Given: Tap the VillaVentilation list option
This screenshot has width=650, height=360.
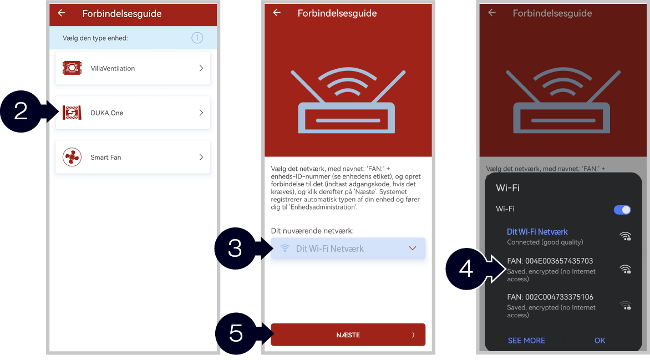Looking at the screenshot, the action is click(x=133, y=68).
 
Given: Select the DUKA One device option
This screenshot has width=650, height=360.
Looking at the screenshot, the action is click(x=133, y=113).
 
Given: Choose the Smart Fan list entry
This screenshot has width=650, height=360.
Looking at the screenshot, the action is click(x=133, y=157).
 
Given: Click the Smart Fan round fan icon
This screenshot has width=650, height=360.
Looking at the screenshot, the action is click(x=72, y=157).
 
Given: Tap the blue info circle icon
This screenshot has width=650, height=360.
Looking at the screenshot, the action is click(x=197, y=38).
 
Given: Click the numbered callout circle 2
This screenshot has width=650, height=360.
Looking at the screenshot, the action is click(x=21, y=111).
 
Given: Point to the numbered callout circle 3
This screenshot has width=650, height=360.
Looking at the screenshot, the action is click(x=235, y=249).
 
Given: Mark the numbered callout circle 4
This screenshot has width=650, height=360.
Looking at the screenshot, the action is click(x=466, y=269).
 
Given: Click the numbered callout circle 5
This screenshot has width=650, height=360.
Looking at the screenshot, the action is click(x=236, y=333).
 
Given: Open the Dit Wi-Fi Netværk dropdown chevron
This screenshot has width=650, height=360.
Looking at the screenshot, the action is click(x=413, y=249).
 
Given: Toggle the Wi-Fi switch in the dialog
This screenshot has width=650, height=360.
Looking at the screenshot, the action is click(x=622, y=210).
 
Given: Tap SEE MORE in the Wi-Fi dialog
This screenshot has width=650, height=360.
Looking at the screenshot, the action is click(x=526, y=341).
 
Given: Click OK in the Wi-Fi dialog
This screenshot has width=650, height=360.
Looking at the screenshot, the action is click(x=600, y=341).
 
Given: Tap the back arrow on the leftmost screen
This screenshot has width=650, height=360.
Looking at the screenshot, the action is click(x=62, y=13).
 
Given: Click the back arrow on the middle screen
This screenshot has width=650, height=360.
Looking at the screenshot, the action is click(x=277, y=12).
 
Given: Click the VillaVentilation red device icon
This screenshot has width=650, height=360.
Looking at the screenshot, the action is click(x=72, y=68).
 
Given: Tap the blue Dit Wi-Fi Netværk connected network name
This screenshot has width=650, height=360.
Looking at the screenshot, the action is click(x=537, y=232).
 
